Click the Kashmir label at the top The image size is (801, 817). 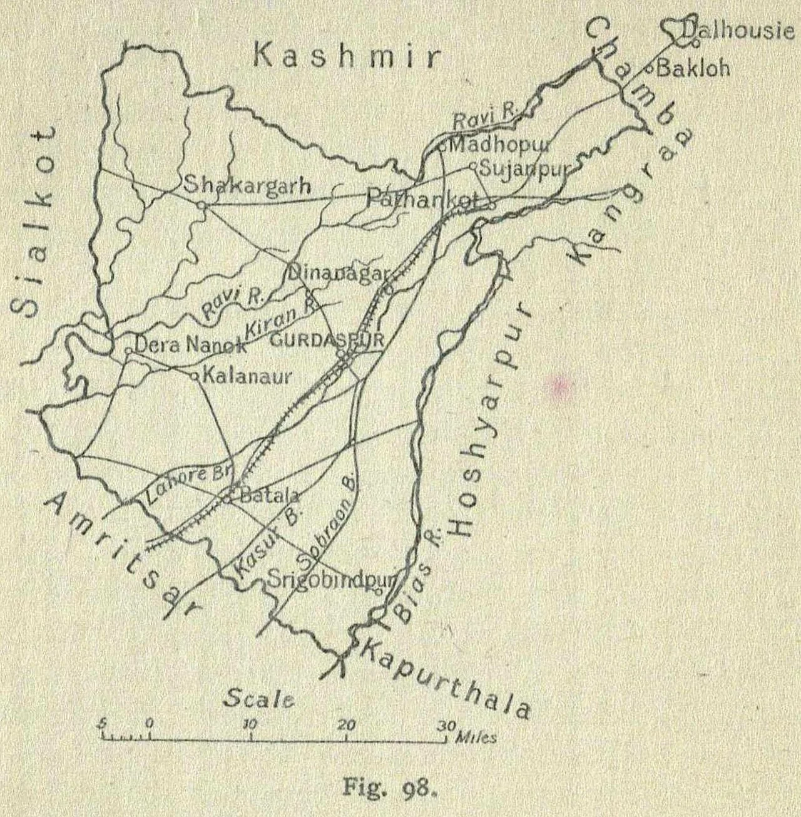(x=346, y=56)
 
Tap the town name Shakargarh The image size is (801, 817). (x=247, y=186)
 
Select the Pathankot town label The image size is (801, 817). (x=422, y=199)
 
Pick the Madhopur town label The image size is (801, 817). (x=499, y=145)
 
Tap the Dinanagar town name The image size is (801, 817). (x=339, y=273)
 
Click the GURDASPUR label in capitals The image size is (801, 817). (x=326, y=341)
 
